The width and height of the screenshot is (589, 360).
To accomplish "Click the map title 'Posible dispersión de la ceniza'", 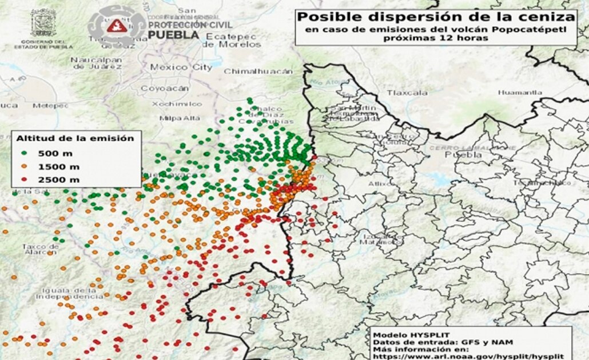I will tap(435, 17).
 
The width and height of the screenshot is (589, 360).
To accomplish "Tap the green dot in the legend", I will tap(25, 153).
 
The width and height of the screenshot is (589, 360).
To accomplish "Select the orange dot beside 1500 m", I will tap(25, 166).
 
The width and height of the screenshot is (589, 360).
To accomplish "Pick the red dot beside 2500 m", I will tap(25, 179).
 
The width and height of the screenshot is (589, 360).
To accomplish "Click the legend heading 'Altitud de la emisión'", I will tap(75, 138).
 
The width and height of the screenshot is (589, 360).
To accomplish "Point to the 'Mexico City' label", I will tap(181, 67).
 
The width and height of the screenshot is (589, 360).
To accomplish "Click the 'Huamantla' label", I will tap(519, 92).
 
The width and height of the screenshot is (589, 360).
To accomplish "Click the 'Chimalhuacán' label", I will tap(258, 71).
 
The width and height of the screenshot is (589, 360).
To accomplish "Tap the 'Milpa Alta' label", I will tap(180, 118).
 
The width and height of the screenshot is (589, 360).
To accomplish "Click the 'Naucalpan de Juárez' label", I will tap(97, 63).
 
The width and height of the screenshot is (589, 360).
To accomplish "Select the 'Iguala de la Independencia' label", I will tap(65, 293).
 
